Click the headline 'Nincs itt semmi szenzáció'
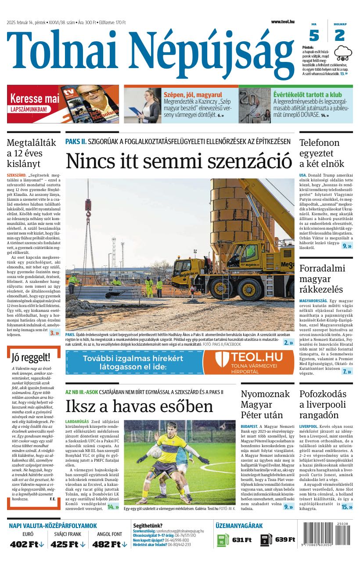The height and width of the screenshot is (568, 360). [x=179, y=160]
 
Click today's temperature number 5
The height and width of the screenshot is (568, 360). [x=314, y=35]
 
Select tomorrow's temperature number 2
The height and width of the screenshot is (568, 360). [x=339, y=35]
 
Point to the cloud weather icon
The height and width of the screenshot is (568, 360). [x=343, y=54]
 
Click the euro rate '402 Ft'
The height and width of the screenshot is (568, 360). [x=27, y=544]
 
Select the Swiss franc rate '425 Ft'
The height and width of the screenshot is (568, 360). [x=67, y=544]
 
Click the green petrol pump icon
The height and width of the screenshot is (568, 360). [x=223, y=540]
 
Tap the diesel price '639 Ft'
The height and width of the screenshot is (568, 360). [x=285, y=539]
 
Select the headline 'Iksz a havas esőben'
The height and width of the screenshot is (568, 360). [x=139, y=406]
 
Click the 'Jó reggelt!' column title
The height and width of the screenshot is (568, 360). [x=31, y=357]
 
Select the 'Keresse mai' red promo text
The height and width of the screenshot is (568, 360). [x=34, y=98]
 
